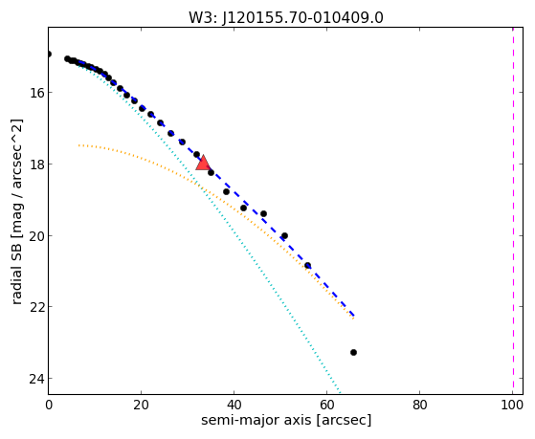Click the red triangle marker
(203, 163)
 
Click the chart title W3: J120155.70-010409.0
(286, 18)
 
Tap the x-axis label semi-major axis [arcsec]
(286, 420)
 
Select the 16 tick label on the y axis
(37, 93)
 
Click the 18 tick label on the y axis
(37, 165)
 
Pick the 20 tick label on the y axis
(37, 235)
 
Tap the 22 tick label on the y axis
(37, 307)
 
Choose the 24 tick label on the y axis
(37, 379)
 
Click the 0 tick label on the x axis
(49, 405)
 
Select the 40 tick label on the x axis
(234, 405)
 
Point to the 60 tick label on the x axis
(326, 405)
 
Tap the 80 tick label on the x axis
(419, 405)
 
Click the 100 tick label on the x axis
(512, 405)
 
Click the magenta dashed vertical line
(513, 210)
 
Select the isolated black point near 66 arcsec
(353, 352)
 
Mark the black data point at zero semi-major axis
(49, 54)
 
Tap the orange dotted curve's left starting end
(78, 145)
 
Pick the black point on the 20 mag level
(284, 235)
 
